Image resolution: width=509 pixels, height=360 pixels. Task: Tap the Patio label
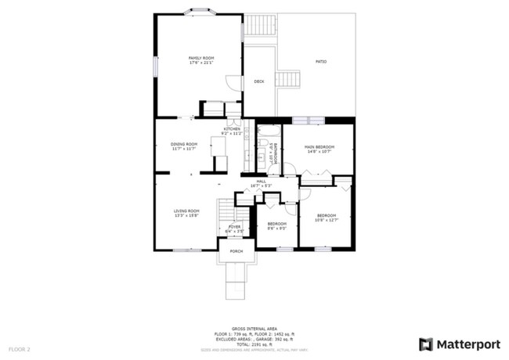click(321, 61)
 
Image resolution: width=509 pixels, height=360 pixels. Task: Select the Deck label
click(259, 81)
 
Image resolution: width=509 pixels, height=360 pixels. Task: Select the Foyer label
click(234, 228)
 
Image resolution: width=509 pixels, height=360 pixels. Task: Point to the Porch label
click(236, 251)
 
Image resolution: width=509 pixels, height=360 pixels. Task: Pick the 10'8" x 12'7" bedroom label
click(327, 217)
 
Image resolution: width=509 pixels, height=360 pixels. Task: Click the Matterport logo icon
click(426, 344)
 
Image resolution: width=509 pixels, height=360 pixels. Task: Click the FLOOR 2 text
click(20, 348)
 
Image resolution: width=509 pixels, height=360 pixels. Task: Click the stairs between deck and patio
click(291, 80)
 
